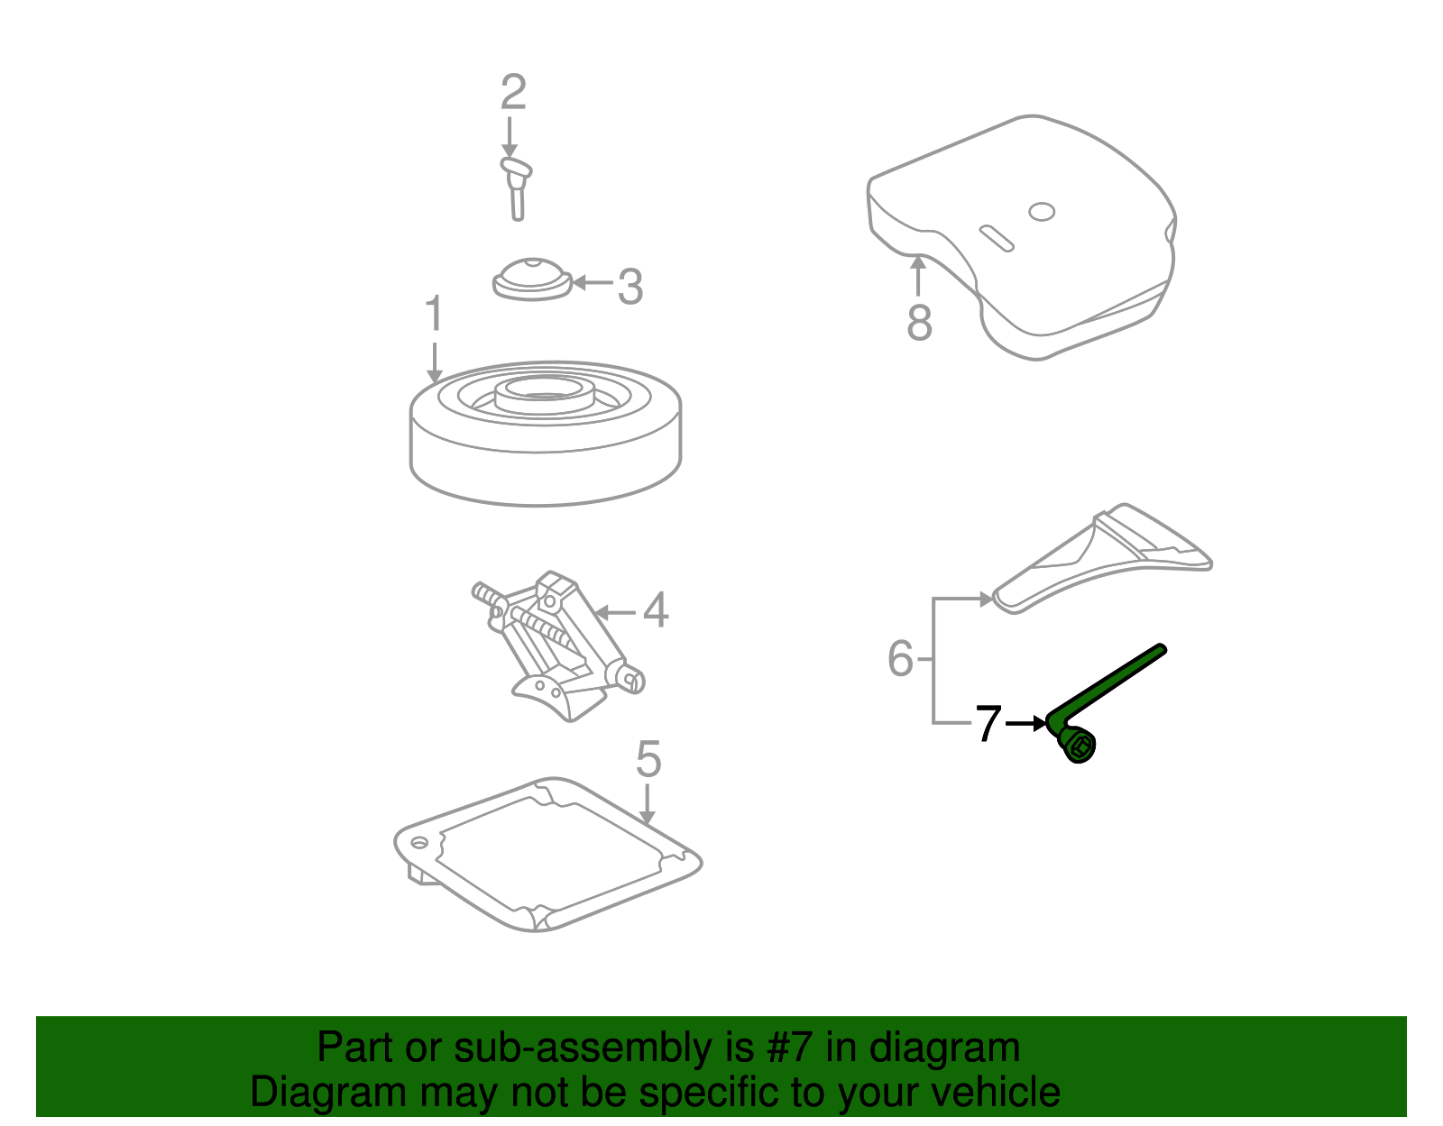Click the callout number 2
(512, 93)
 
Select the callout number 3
(630, 287)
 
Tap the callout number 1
(434, 314)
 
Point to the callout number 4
(656, 610)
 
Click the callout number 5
(648, 759)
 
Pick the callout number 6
(900, 658)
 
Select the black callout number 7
(988, 724)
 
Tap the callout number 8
(919, 323)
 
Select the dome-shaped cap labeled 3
(532, 278)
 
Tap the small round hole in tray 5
(419, 844)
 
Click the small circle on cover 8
(1042, 212)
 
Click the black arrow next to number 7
(1026, 723)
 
